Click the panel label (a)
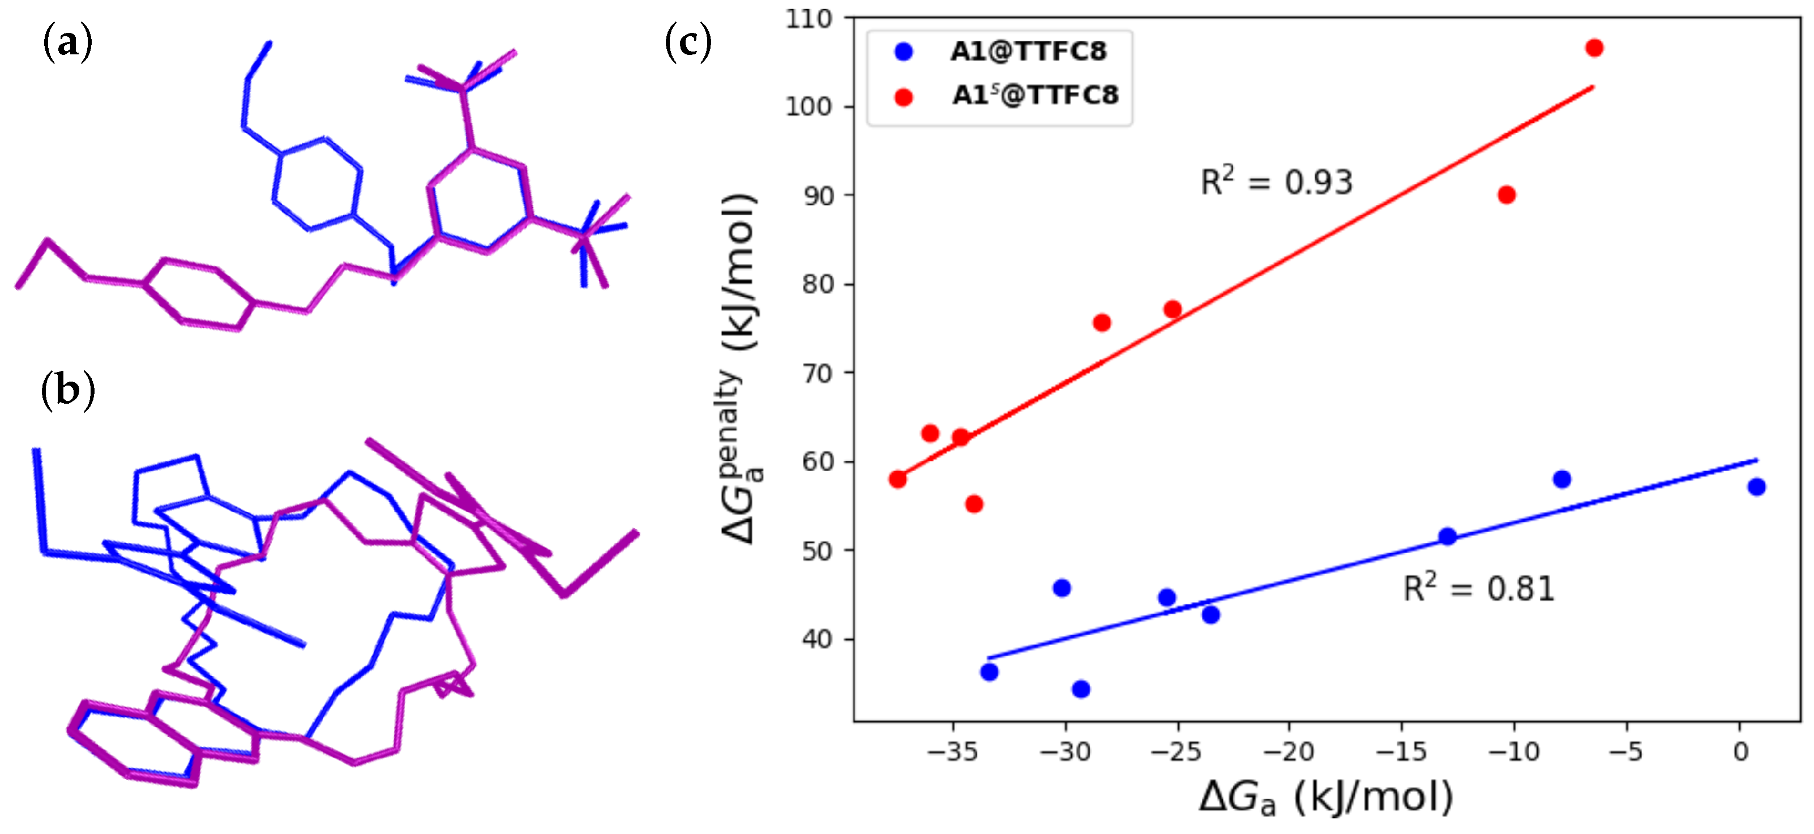click(67, 44)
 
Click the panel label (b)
click(67, 390)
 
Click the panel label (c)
click(688, 44)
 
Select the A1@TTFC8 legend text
click(1028, 52)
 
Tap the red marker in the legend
click(904, 97)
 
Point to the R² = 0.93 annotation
click(1276, 182)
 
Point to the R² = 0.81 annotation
click(1478, 589)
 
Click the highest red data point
click(1594, 48)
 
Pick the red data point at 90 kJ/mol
click(1506, 195)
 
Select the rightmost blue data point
click(1756, 487)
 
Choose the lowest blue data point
click(1081, 689)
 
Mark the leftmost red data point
click(897, 480)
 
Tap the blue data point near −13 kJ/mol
click(1447, 537)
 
